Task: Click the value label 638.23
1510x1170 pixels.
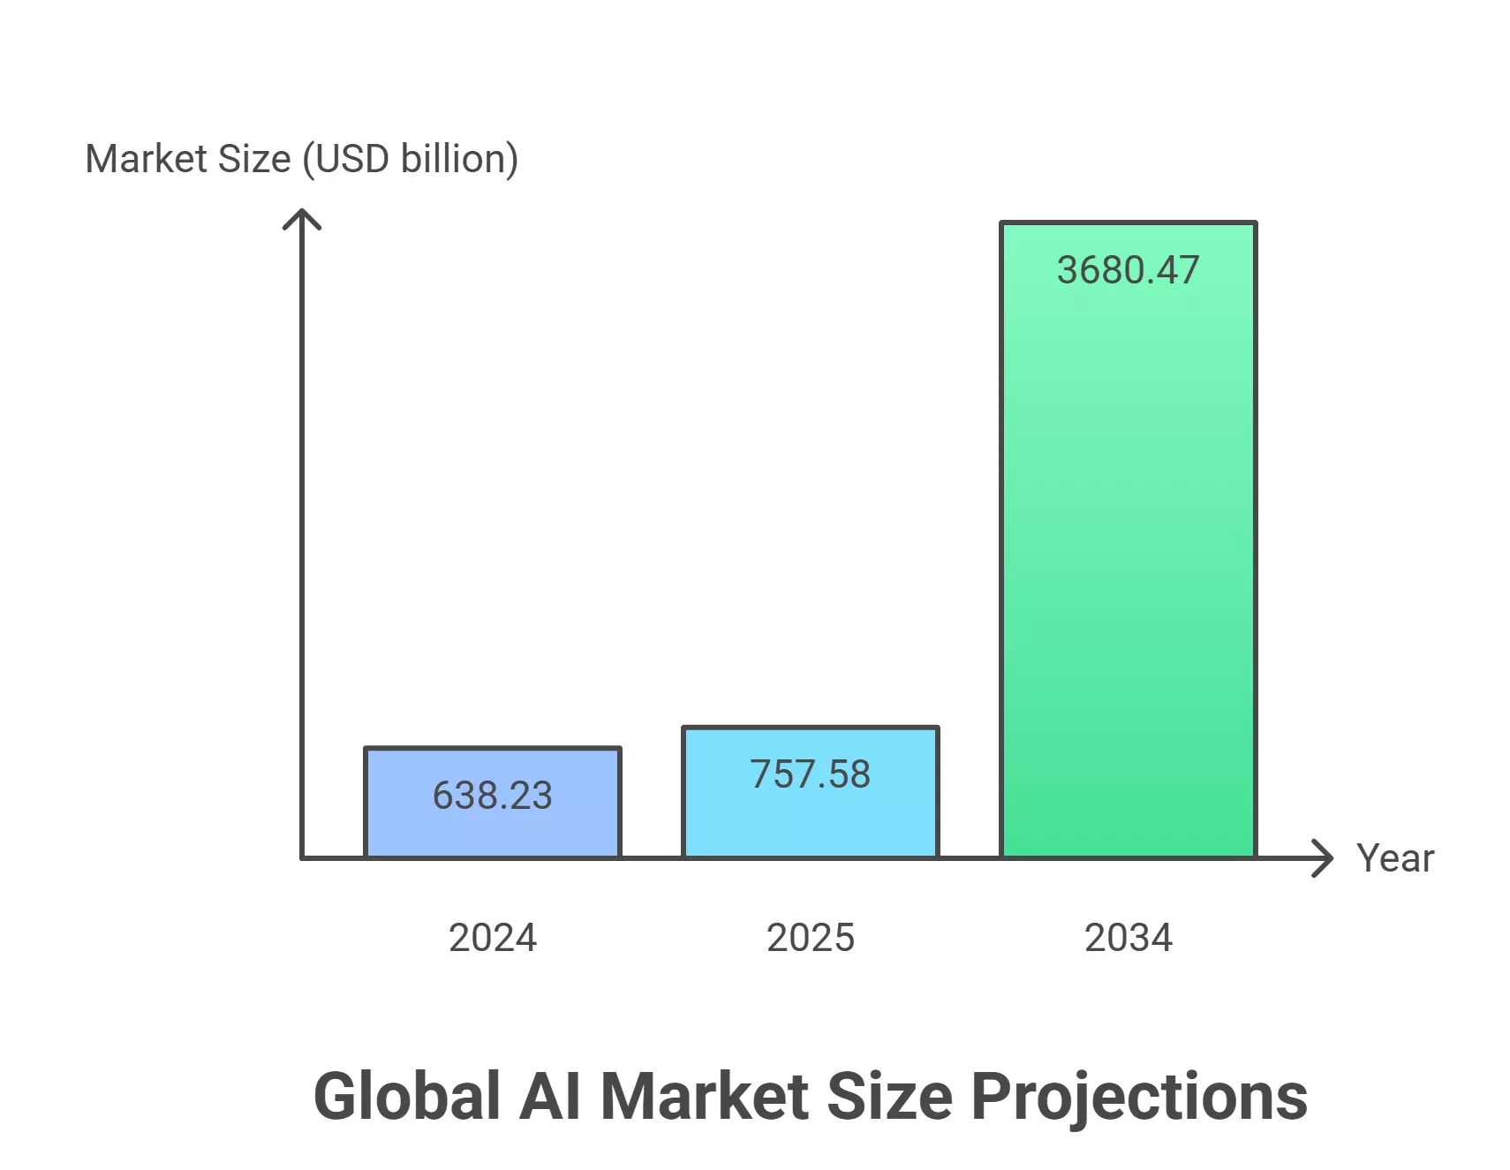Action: click(x=492, y=796)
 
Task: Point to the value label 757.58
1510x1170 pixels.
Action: click(x=810, y=774)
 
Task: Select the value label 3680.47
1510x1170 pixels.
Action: click(x=1128, y=270)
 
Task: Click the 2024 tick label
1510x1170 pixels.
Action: click(x=492, y=938)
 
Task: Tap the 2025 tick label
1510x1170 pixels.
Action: click(x=810, y=938)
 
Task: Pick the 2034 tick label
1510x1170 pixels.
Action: click(x=1128, y=938)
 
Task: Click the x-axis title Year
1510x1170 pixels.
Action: click(x=1395, y=858)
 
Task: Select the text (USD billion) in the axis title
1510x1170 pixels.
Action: click(x=410, y=160)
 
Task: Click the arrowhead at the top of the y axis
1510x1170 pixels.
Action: click(x=302, y=215)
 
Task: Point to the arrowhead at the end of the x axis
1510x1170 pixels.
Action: click(x=1325, y=857)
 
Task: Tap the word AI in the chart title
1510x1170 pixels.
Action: click(x=549, y=1097)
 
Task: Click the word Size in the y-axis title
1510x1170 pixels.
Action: click(x=254, y=160)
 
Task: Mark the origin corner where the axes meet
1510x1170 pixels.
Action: click(x=302, y=857)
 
